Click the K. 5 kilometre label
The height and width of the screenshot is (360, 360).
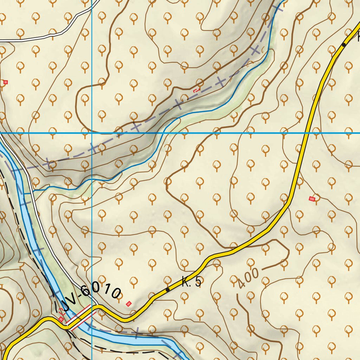[x=192, y=282]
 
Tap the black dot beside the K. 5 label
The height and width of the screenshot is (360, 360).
[x=168, y=290]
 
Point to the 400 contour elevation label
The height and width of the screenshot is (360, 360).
[x=248, y=278]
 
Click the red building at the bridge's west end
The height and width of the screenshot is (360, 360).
[x=61, y=319]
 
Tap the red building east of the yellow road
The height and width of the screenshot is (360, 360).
[x=312, y=199]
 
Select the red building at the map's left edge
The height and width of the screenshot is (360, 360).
[x=5, y=82]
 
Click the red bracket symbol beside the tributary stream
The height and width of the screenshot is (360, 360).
[x=196, y=90]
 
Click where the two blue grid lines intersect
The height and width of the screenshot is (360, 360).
[x=92, y=133]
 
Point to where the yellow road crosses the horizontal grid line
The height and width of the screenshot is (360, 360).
[x=307, y=133]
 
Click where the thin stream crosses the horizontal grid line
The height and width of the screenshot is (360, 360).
[x=162, y=133]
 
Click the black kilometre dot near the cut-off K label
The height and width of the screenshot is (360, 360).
[x=344, y=45]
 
